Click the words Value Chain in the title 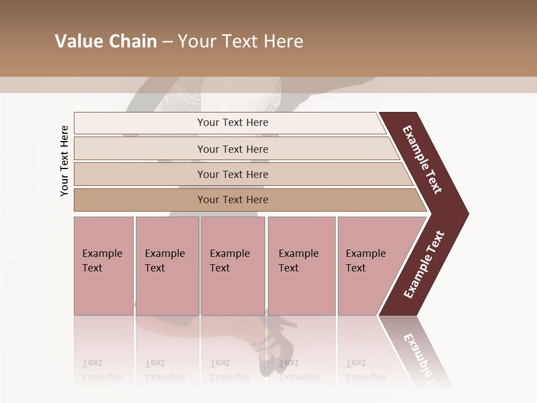106,41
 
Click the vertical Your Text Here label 64,161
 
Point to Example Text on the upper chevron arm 422,160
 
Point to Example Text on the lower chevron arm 423,265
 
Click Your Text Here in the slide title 241,41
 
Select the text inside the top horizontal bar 233,123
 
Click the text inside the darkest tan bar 233,200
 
